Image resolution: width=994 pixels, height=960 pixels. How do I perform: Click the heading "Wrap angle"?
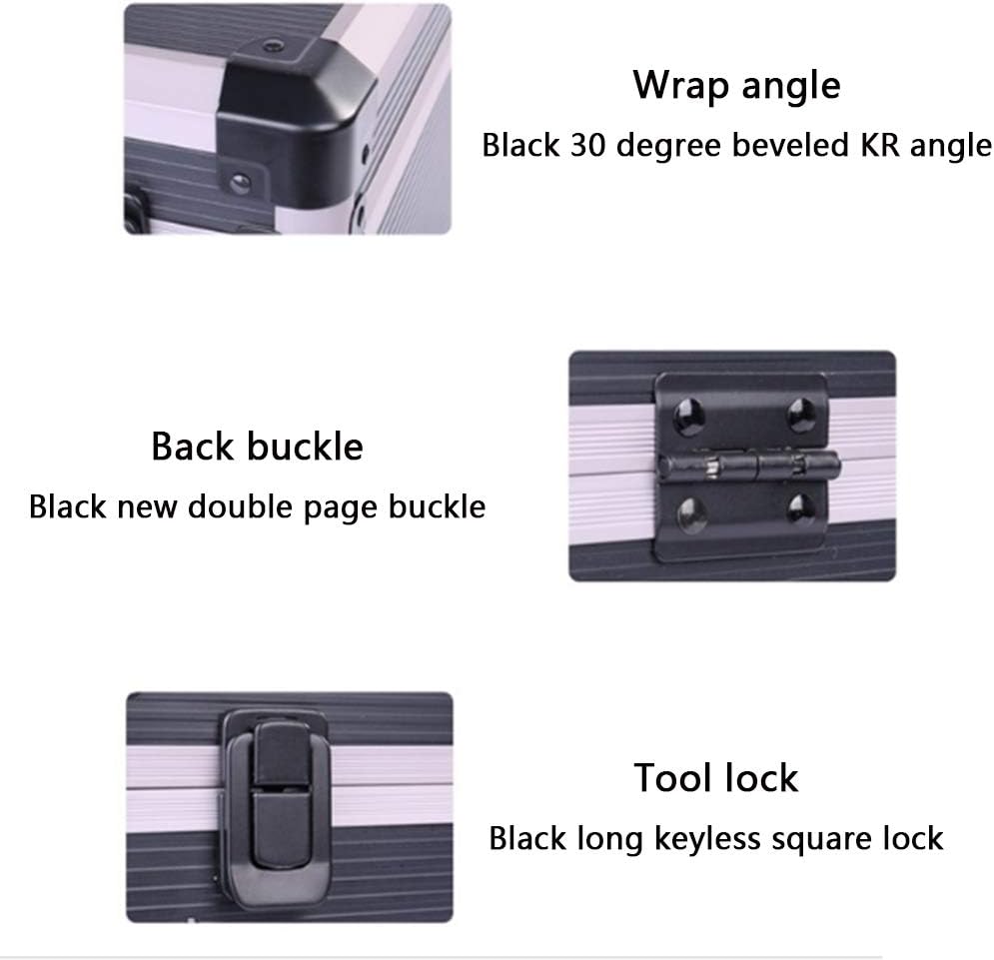736,86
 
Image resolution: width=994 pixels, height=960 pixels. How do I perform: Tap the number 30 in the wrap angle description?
587,145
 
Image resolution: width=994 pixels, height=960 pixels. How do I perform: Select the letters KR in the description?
880,145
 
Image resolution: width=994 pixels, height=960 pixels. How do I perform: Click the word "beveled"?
790,145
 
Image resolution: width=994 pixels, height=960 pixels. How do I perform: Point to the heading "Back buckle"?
257,447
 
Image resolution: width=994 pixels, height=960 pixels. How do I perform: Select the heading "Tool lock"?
715,778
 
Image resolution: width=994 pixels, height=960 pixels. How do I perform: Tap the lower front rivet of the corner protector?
240,183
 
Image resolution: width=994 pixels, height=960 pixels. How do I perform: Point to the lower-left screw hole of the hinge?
690,513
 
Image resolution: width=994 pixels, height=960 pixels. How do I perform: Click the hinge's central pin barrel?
749,467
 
